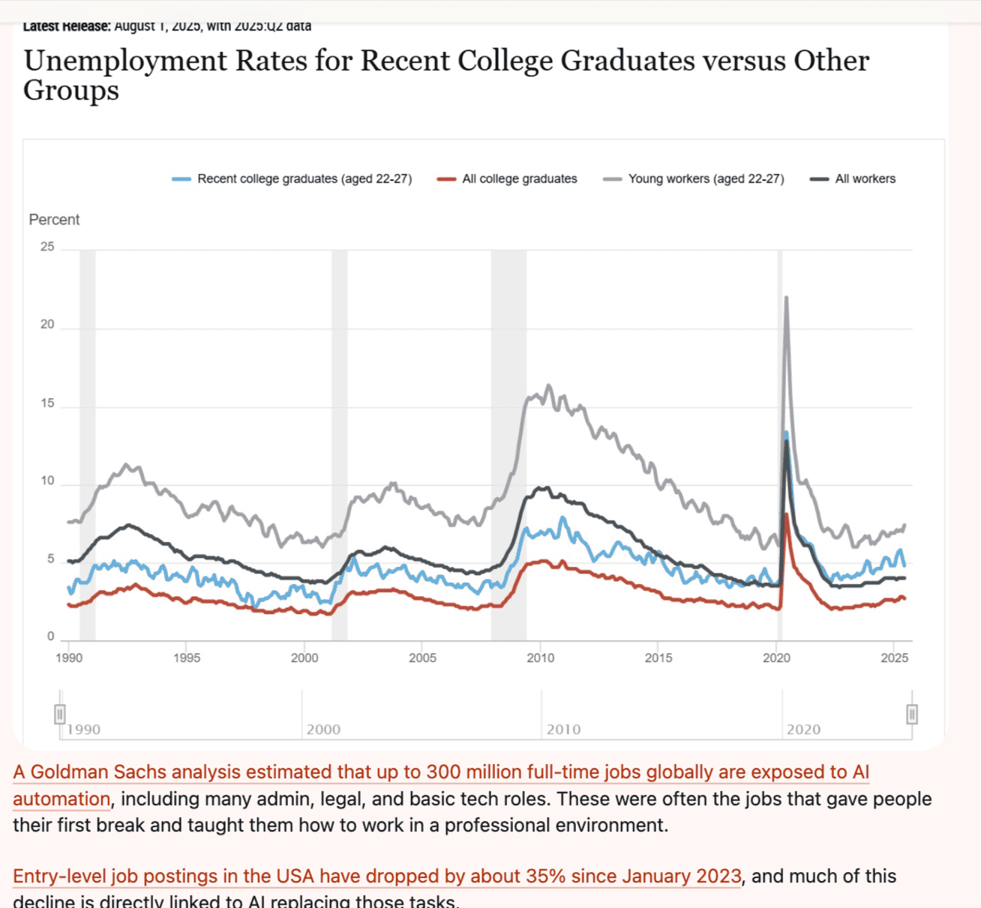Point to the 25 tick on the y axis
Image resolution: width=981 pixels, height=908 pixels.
[47, 247]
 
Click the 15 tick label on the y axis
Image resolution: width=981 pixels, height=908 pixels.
[47, 403]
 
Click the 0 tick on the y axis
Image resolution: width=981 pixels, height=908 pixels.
[51, 637]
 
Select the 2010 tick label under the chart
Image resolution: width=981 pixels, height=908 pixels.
[540, 658]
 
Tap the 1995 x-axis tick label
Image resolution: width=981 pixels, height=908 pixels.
[187, 658]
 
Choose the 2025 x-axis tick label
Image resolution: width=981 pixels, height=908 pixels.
[894, 658]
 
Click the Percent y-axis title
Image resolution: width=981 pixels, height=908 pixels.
[54, 220]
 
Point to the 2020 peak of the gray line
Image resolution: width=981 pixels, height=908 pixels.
[786, 298]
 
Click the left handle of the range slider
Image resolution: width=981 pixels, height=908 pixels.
[60, 714]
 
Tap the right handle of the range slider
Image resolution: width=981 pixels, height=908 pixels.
[911, 714]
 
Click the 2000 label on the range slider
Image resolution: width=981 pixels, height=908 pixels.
[323, 729]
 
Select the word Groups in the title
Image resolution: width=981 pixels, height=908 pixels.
[71, 91]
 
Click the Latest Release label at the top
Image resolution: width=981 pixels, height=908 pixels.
[67, 26]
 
